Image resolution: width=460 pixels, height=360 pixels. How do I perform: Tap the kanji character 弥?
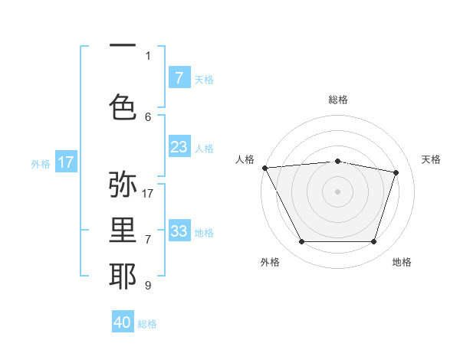point(123,185)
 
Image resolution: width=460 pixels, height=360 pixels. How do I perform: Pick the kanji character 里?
point(123,230)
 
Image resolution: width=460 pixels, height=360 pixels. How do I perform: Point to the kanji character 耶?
point(123,276)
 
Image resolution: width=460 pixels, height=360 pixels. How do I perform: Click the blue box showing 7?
point(179,78)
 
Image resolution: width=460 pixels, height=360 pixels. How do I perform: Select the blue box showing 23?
point(179,147)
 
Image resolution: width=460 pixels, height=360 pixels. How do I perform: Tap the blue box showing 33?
point(179,231)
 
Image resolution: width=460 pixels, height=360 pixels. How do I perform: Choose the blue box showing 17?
point(66,162)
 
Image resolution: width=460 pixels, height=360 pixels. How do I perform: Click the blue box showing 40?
point(123,322)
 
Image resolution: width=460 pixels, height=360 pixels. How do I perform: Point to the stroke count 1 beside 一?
point(148,55)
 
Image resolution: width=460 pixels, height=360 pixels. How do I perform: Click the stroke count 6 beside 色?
point(148,116)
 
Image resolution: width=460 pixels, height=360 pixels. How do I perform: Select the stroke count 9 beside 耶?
point(148,286)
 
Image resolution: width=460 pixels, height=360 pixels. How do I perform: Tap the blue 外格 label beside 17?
point(40,163)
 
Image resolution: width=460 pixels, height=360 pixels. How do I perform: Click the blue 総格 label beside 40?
point(147,324)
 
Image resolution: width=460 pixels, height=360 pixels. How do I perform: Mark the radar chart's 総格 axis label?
point(338,100)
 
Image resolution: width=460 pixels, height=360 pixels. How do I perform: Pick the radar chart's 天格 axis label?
point(431,159)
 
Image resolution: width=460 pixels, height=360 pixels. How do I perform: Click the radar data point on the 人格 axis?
point(264,168)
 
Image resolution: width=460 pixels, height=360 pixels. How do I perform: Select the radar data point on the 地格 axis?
point(373,242)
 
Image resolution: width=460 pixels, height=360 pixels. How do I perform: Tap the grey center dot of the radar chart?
point(337,191)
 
